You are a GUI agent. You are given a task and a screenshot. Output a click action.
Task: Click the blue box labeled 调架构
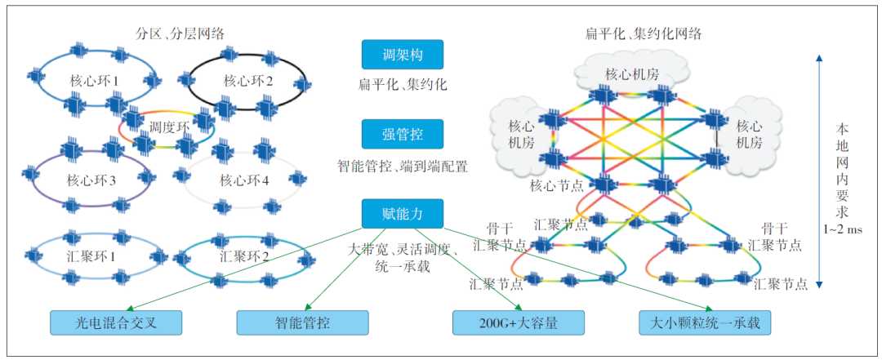[x=402, y=55]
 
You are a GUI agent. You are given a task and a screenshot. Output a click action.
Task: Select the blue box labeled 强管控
[x=402, y=134]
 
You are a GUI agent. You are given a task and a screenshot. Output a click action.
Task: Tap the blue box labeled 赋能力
[x=402, y=214]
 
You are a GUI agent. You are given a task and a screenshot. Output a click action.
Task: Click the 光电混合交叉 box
[x=115, y=322]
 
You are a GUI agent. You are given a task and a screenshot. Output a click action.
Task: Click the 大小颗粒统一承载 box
[x=704, y=322]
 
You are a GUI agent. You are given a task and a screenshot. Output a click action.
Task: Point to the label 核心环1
[x=94, y=82]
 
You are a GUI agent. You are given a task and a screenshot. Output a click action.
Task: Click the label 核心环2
[x=247, y=82]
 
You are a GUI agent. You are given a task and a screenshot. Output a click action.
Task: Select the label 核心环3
[x=91, y=180]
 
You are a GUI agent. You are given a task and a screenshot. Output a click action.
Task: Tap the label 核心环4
[x=243, y=180]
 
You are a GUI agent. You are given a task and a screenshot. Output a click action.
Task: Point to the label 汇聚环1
[x=91, y=256]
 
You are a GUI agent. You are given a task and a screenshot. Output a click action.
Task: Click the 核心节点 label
[x=557, y=186]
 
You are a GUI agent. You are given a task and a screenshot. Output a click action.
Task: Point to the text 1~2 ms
[x=843, y=230]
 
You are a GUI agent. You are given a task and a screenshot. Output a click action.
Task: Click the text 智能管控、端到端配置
[x=403, y=167]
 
